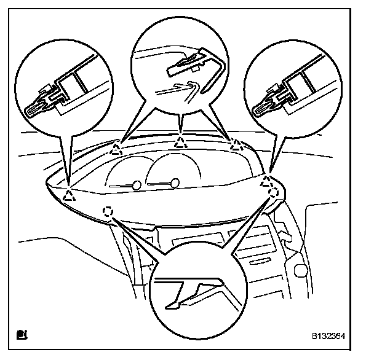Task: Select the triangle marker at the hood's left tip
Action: pos(69,196)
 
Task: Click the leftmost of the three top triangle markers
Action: pos(116,148)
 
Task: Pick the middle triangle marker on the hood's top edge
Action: pos(180,143)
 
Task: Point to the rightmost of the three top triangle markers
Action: pos(235,146)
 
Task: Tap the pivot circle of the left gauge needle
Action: pos(136,185)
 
